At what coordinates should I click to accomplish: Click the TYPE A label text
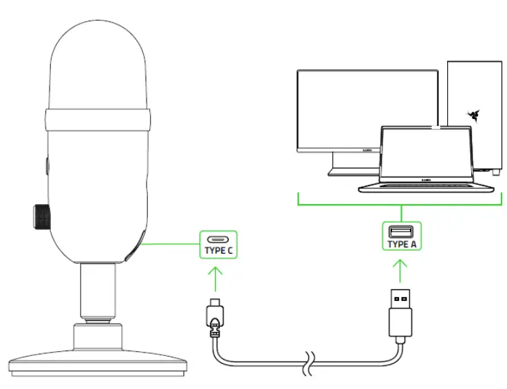401,244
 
